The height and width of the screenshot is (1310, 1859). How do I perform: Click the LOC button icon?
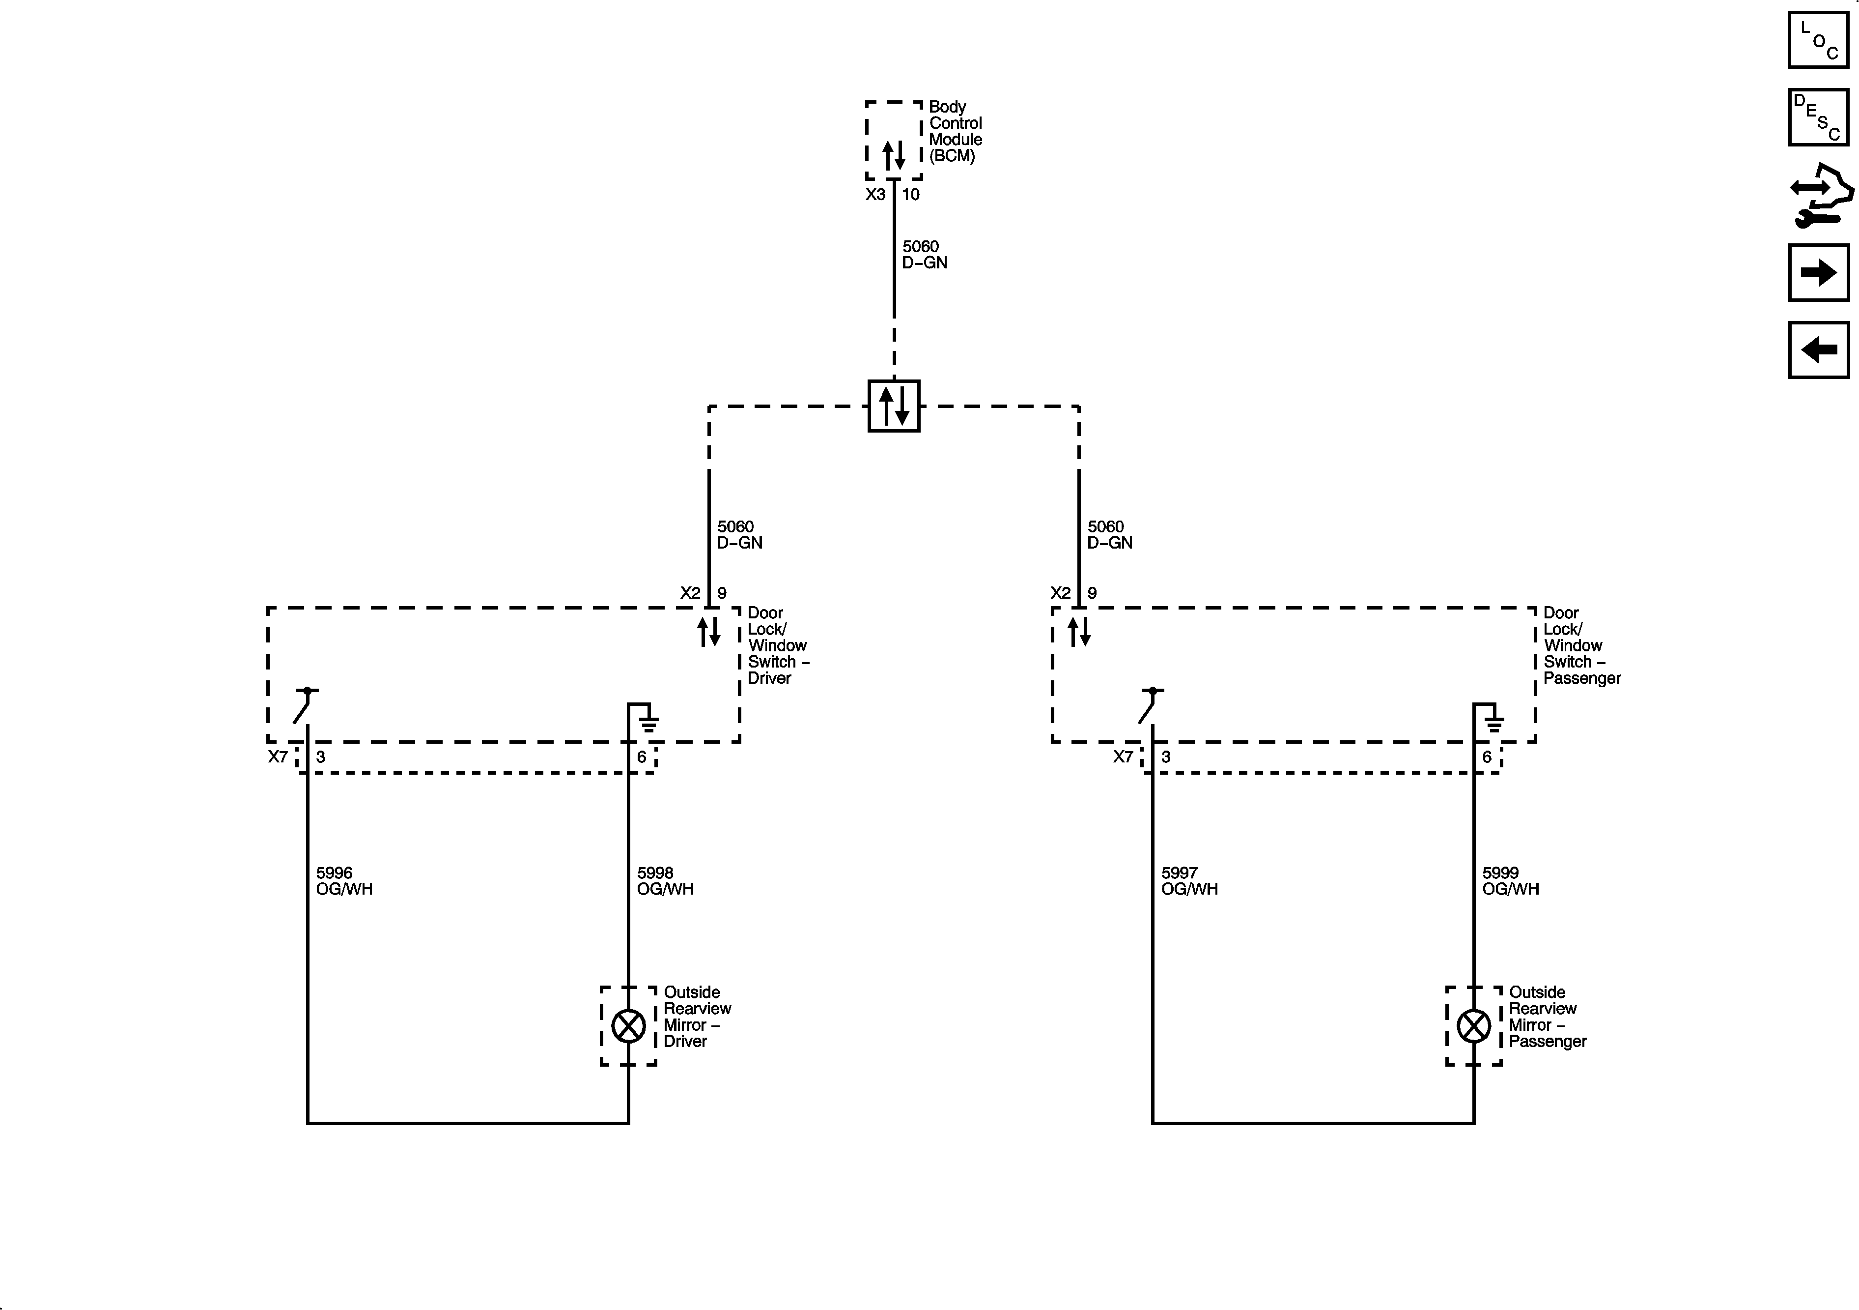[1819, 40]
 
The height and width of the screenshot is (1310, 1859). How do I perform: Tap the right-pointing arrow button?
[1819, 272]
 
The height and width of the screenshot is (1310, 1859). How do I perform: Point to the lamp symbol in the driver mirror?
[628, 1026]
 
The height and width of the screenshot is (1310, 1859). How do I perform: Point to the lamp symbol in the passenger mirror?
[1474, 1026]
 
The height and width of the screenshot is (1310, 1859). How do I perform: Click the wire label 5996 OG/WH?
[344, 880]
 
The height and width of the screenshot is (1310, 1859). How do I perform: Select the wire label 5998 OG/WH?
[665, 880]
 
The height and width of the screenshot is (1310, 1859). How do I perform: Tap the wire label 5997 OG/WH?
[1188, 880]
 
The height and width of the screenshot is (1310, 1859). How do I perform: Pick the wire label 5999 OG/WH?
[1510, 880]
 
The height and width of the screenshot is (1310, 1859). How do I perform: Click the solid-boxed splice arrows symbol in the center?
[894, 406]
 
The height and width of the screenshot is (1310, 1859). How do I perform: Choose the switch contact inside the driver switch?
[305, 705]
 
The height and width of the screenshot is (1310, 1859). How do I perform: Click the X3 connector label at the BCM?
[875, 195]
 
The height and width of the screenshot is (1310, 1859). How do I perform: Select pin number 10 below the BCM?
[911, 195]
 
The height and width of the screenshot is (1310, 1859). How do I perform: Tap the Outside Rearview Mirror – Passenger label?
[1547, 1017]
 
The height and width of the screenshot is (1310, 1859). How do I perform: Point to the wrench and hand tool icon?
[1819, 195]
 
